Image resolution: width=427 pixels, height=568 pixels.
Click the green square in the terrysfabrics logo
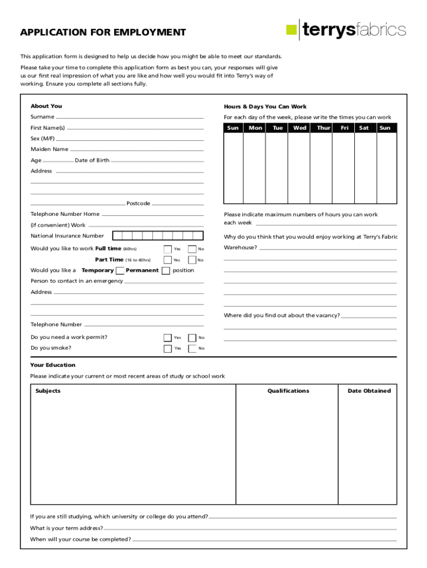(x=291, y=30)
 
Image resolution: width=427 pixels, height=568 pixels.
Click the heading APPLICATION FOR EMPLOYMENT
(x=103, y=32)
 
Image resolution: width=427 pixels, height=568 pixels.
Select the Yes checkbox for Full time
(x=167, y=249)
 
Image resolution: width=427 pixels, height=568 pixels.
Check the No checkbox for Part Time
(x=192, y=260)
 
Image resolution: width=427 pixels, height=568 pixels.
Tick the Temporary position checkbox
(x=120, y=271)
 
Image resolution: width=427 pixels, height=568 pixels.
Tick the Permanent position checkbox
(x=165, y=271)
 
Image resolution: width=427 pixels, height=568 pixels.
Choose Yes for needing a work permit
(x=167, y=338)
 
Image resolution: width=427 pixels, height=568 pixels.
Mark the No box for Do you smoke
(x=192, y=348)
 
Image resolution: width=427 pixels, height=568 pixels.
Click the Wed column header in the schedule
(x=299, y=128)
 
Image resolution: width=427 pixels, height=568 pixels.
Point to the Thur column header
(x=323, y=128)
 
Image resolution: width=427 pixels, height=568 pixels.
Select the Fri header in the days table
(x=344, y=128)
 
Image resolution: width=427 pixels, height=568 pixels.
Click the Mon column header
(x=255, y=128)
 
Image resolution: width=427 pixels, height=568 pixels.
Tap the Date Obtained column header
(x=369, y=391)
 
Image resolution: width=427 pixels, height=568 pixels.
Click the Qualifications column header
(x=288, y=391)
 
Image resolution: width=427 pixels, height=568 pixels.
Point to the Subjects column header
(x=48, y=391)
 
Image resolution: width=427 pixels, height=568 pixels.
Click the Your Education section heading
(x=53, y=365)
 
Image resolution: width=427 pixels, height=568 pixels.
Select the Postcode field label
(x=138, y=204)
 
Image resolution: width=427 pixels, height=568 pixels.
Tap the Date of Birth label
(x=92, y=160)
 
